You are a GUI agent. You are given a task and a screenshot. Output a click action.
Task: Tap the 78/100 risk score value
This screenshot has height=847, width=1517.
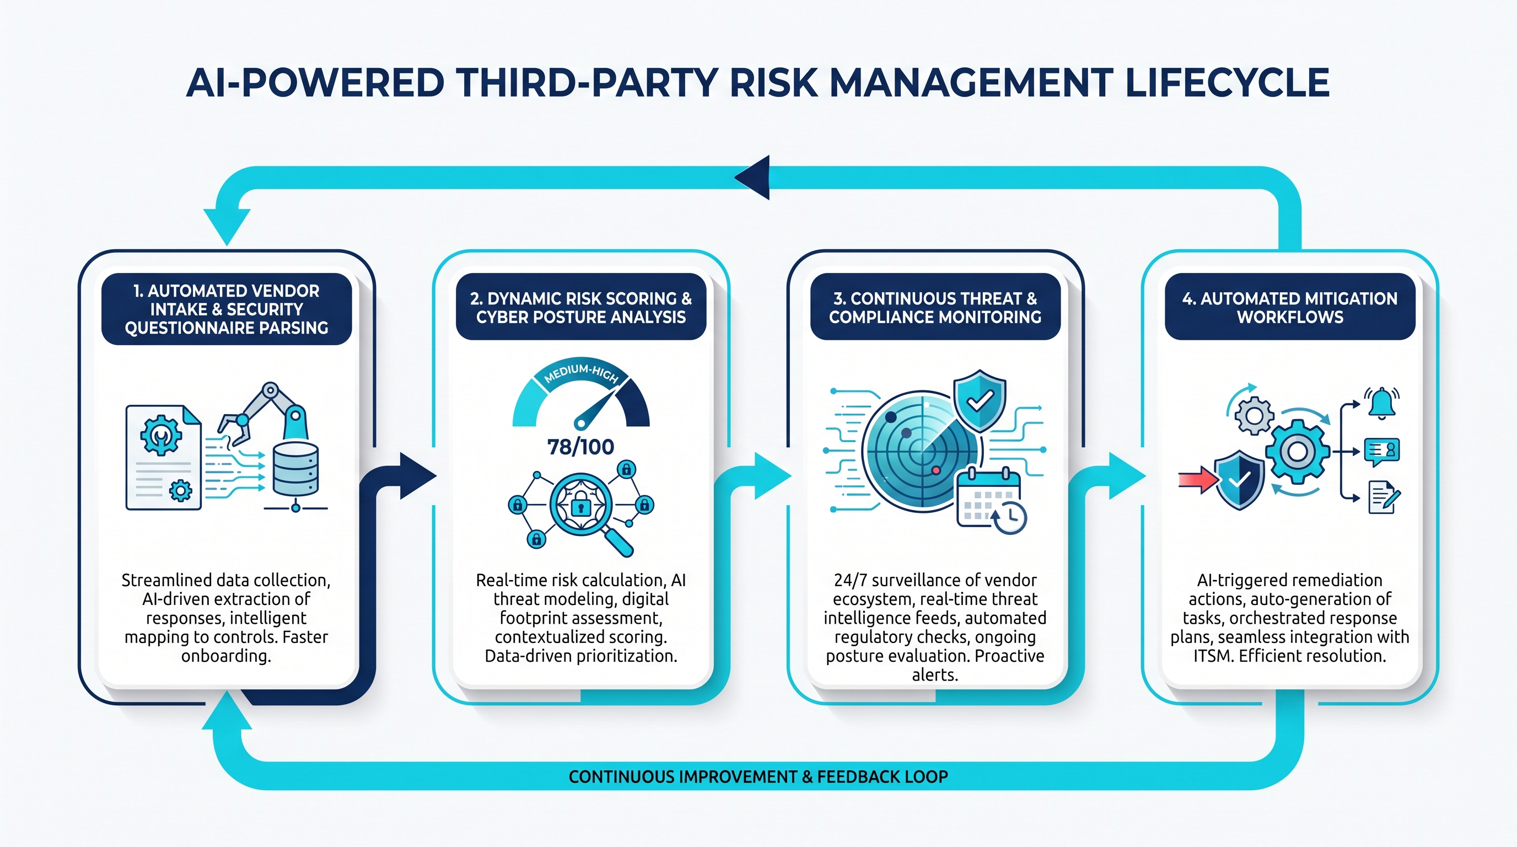point(580,447)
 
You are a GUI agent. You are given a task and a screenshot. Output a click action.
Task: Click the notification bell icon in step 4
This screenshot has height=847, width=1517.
point(1381,404)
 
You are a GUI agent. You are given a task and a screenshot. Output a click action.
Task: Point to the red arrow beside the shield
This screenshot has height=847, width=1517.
point(1197,480)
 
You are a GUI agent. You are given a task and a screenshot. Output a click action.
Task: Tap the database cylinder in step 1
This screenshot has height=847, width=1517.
point(295,469)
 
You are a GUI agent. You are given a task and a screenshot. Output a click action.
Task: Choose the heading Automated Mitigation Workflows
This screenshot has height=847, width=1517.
point(1290,308)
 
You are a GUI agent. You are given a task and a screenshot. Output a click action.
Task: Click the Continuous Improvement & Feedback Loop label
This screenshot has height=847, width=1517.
point(758,777)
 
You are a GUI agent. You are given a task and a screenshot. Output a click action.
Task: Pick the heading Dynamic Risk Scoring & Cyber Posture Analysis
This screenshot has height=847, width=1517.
point(580,308)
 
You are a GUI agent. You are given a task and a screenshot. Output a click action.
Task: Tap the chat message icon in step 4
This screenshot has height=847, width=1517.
point(1381,451)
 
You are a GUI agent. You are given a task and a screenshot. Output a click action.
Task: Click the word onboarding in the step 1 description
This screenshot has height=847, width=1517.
point(226,656)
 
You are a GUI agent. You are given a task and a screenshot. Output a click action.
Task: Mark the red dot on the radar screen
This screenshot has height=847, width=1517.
point(935,470)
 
